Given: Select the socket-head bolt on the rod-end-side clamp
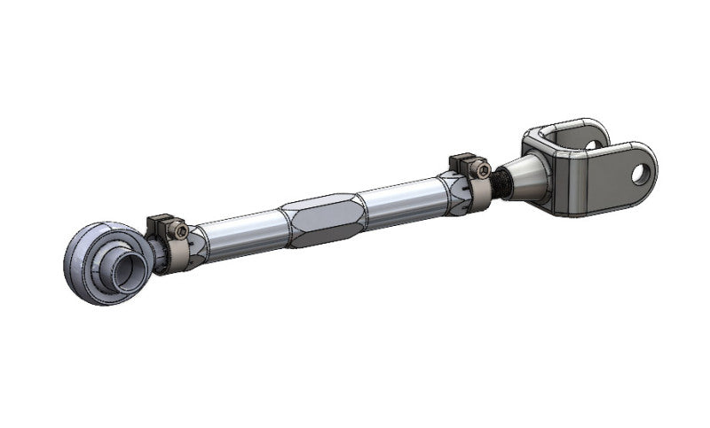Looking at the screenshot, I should pyautogui.click(x=181, y=231).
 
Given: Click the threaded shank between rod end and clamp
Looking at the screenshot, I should pyautogui.click(x=159, y=257).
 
